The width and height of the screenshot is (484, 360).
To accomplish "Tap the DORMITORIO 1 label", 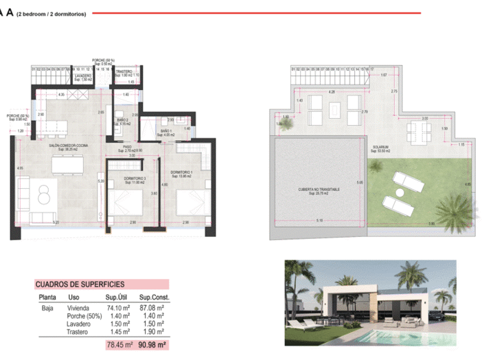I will pyautogui.click(x=181, y=172).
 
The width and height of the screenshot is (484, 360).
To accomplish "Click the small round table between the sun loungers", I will pyautogui.click(x=404, y=191).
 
